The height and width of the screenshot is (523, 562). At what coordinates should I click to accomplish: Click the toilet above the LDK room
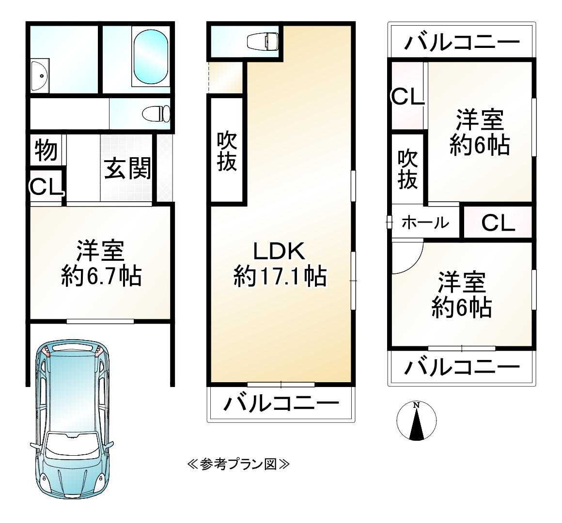[262, 42]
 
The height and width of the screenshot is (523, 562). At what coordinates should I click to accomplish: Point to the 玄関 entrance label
[128, 168]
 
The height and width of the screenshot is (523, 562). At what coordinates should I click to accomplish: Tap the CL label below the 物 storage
[46, 187]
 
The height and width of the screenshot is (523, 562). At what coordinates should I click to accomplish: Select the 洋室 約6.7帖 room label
[101, 264]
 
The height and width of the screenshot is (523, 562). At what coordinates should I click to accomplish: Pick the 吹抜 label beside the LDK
[226, 151]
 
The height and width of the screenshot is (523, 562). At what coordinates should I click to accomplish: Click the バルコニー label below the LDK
[281, 403]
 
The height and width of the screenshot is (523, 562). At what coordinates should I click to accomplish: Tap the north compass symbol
[416, 421]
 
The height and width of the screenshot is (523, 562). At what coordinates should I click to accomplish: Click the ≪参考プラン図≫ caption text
[238, 464]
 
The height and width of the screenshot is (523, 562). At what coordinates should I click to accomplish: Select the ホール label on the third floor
[425, 223]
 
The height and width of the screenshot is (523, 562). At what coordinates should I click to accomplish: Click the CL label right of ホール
[498, 223]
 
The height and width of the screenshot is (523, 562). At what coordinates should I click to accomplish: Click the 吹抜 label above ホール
[407, 169]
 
